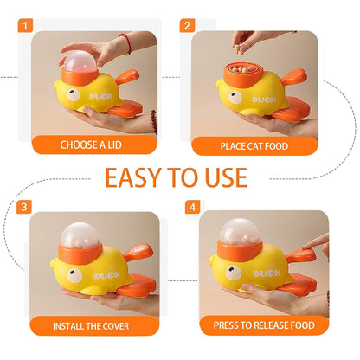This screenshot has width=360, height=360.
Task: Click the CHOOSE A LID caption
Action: point(96,145)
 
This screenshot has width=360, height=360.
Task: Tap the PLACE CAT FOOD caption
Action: point(254,145)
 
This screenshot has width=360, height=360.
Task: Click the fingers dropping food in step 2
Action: point(254,37)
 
